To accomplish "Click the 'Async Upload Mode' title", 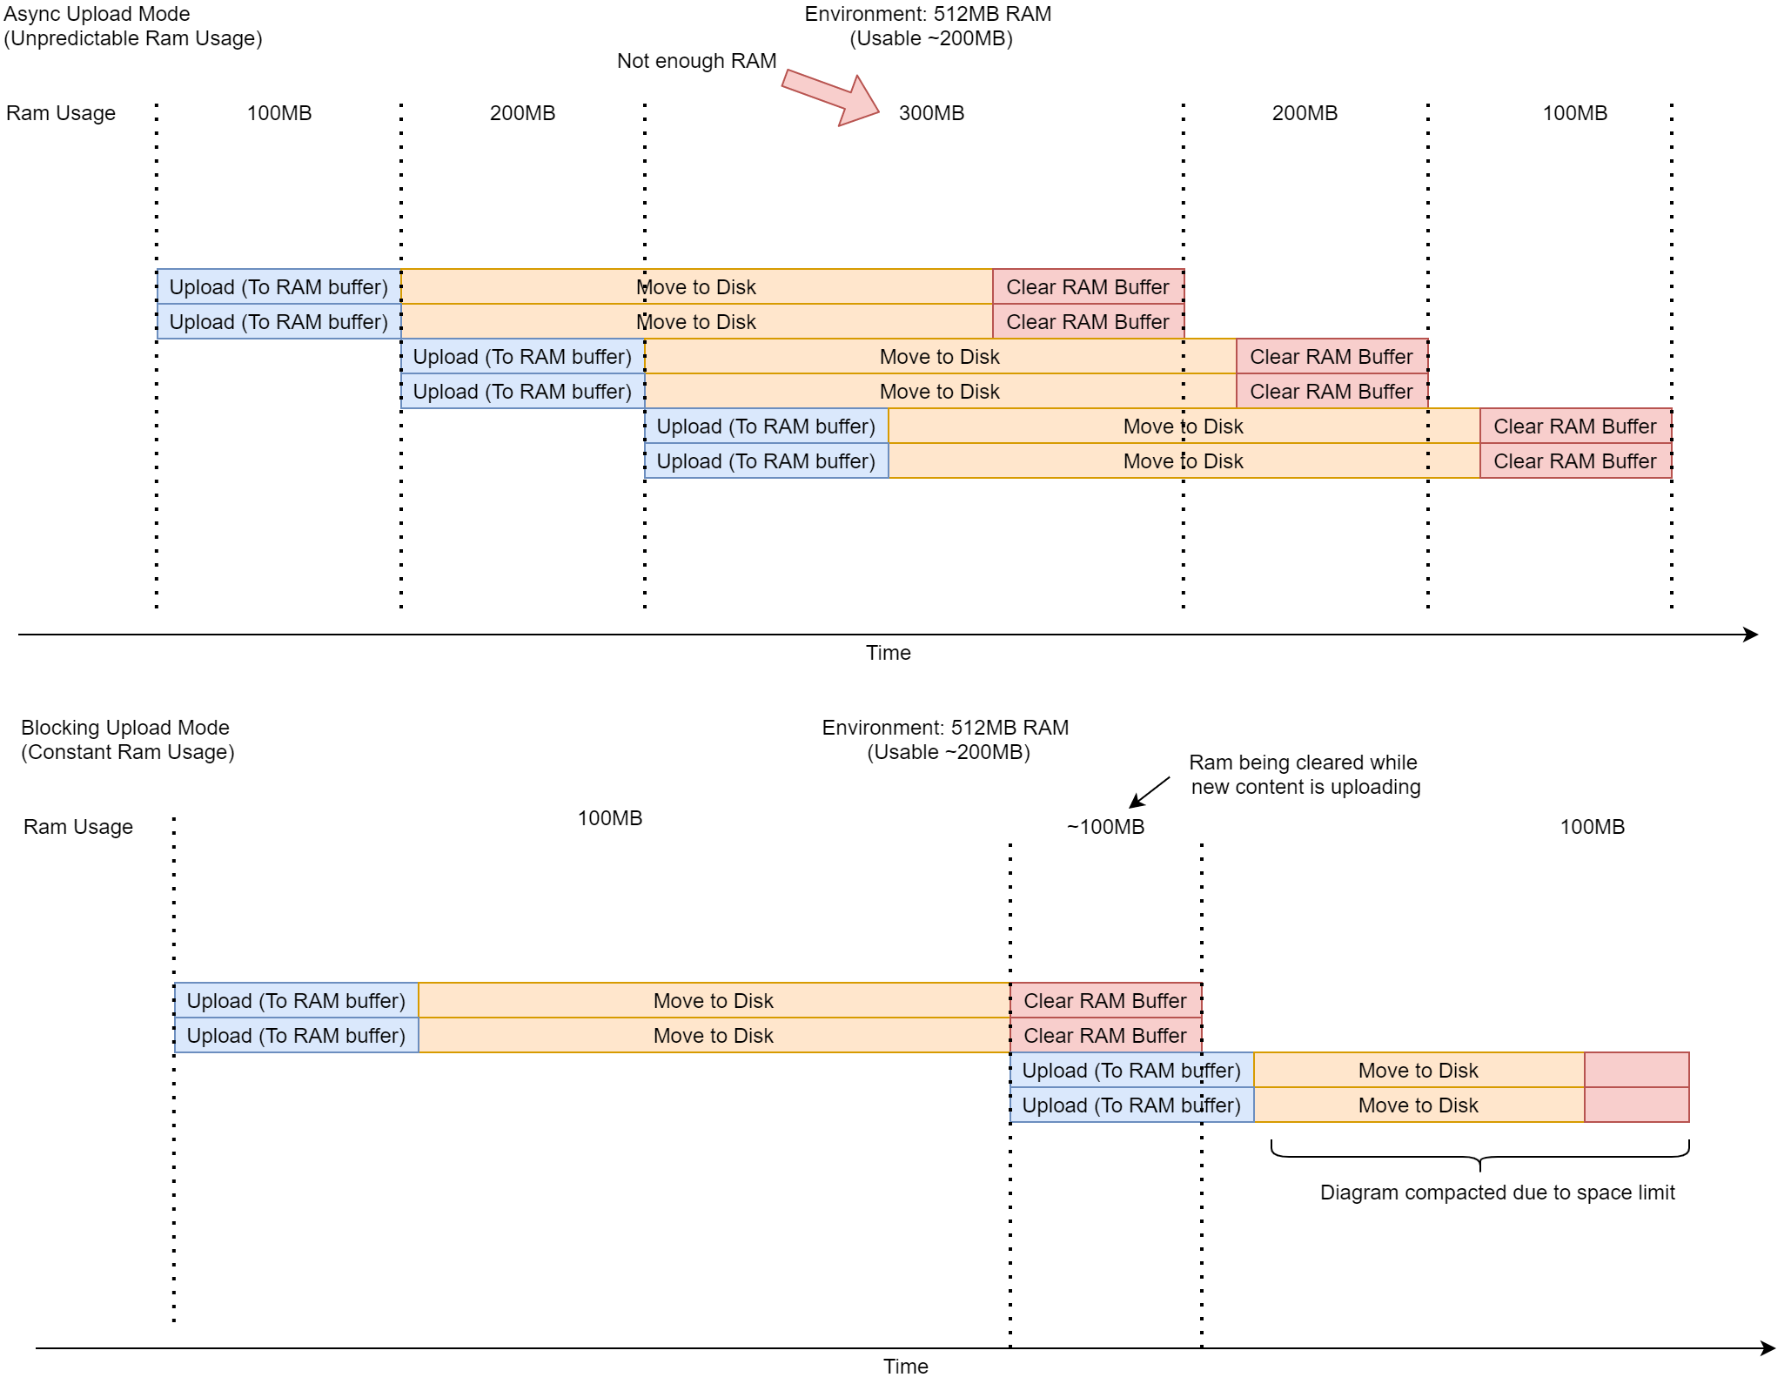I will click(97, 14).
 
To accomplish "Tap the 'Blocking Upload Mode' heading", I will click(125, 728).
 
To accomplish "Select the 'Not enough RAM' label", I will click(696, 61).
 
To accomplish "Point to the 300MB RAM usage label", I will click(931, 113).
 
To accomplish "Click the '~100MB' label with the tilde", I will click(1105, 827).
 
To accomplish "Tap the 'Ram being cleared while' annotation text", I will click(1303, 763).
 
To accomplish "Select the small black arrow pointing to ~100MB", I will click(1149, 791).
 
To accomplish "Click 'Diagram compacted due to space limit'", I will click(1497, 1193).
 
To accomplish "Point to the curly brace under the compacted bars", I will click(1479, 1157).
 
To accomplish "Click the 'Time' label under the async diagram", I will click(888, 653).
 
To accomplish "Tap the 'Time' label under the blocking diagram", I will click(905, 1367).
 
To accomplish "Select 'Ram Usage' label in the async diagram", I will click(61, 113).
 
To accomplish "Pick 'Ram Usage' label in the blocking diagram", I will click(78, 827).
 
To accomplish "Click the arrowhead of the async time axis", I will click(1751, 635).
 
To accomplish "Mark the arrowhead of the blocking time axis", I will click(1768, 1348).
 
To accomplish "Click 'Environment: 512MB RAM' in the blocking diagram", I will click(945, 728).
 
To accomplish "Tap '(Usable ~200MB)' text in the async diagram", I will click(931, 38).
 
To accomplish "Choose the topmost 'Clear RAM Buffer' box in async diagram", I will click(1088, 287).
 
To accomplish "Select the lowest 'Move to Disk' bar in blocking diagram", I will click(1419, 1105).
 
